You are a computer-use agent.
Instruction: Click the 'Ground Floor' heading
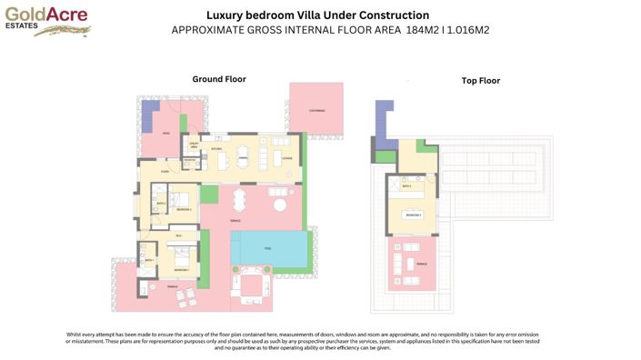coord(218,79)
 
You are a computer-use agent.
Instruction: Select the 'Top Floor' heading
coord(480,81)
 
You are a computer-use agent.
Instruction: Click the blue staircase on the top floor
coord(383,122)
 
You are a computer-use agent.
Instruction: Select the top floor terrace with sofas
coord(411,263)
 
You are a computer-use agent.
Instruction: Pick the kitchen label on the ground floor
coord(216,147)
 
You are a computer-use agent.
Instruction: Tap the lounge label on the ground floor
coord(286,156)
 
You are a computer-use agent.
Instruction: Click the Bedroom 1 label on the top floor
coord(412,215)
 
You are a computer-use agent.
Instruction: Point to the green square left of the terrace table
coord(209,194)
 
